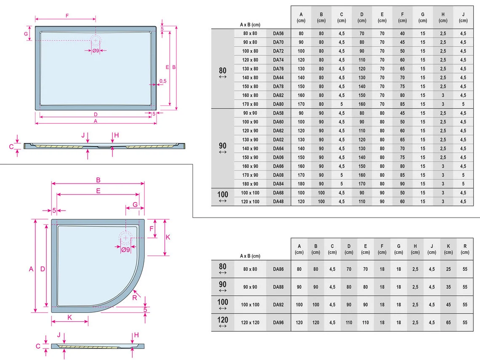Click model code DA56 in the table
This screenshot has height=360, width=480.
pyautogui.click(x=278, y=33)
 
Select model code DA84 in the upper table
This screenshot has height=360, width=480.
pyautogui.click(x=278, y=184)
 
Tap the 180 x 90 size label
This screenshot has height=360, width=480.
pyautogui.click(x=250, y=184)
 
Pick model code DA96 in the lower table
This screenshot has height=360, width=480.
pyautogui.click(x=278, y=323)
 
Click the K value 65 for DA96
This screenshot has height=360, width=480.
pyautogui.click(x=448, y=323)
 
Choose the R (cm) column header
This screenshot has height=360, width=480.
pyautogui.click(x=465, y=249)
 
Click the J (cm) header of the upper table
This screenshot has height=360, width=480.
pyautogui.click(x=463, y=17)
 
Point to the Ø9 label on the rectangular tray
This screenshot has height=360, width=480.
pyautogui.click(x=96, y=51)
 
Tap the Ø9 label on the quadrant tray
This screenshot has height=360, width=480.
pyautogui.click(x=125, y=250)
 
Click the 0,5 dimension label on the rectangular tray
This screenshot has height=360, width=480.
pyautogui.click(x=163, y=81)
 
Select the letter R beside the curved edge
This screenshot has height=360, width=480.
pyautogui.click(x=135, y=298)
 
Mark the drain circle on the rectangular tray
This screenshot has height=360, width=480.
pyautogui.click(x=96, y=40)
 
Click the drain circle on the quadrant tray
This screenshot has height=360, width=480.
pyautogui.click(x=125, y=238)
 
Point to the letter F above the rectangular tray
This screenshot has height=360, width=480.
pyautogui.click(x=67, y=16)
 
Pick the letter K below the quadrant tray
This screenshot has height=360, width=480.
pyautogui.click(x=69, y=317)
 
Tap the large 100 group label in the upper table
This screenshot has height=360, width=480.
pyautogui.click(x=223, y=195)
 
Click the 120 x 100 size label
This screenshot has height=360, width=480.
pyautogui.click(x=250, y=202)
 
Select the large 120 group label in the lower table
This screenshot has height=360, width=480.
pyautogui.click(x=223, y=320)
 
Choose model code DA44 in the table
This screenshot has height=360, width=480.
pyautogui.click(x=278, y=78)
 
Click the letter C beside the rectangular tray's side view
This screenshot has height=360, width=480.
pyautogui.click(x=11, y=147)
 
